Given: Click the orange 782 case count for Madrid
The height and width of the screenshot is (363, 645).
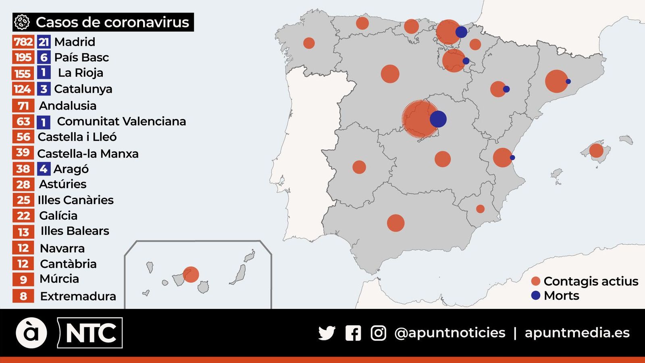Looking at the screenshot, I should [x=23, y=42].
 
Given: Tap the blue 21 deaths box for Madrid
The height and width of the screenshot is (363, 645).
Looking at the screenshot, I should [x=44, y=42].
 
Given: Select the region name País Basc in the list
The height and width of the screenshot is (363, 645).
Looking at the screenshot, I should [x=81, y=58].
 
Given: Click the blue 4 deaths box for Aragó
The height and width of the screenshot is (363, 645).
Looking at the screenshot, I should [x=44, y=169].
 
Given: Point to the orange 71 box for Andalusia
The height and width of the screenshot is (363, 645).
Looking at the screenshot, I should [x=23, y=106].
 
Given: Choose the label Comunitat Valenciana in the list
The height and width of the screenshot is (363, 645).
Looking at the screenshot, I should [x=121, y=121].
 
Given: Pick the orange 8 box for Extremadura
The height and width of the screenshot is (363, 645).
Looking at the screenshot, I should [x=23, y=296].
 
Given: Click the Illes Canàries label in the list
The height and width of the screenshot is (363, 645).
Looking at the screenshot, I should [x=75, y=200].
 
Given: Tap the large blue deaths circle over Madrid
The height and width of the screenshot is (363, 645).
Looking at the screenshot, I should [x=438, y=119].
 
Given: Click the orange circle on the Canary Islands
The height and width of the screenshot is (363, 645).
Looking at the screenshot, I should [x=191, y=274].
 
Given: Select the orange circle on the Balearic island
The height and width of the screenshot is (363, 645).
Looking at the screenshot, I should [x=596, y=150].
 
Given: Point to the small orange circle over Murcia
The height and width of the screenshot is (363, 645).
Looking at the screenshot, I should [x=480, y=209].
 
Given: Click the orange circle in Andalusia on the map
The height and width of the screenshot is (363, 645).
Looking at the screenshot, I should [x=395, y=223].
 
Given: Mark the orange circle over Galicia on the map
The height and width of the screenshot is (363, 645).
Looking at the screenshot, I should [x=309, y=43].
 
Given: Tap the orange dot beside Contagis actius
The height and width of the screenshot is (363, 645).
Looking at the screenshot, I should [x=536, y=281].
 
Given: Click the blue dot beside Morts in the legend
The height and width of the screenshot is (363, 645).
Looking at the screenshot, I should [x=536, y=295].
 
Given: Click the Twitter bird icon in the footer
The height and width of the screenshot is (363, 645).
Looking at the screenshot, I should [x=327, y=333].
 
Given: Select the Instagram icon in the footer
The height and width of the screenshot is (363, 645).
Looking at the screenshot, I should [x=378, y=333].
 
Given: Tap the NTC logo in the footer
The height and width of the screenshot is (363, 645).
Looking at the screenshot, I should [x=90, y=333].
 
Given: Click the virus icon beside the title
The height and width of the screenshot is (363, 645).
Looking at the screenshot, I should [x=22, y=22].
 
